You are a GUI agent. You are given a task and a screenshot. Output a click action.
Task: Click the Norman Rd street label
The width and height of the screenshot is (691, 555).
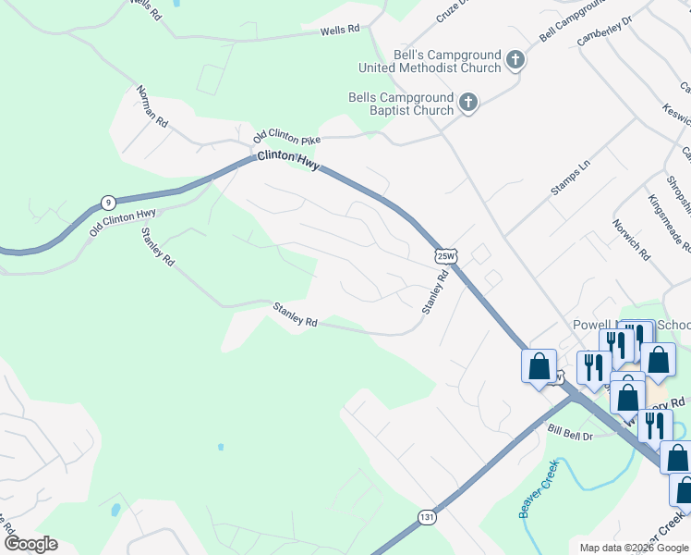coord(152,107)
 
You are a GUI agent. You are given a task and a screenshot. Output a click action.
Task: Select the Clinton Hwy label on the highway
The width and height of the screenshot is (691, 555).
coord(289,160)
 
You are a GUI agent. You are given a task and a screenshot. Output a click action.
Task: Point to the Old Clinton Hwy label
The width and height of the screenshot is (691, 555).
coord(122,223)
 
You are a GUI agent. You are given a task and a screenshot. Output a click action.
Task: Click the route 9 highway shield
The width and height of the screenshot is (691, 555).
coord(108,202)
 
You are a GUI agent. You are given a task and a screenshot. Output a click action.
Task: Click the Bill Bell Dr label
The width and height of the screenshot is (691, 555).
coord(570,431)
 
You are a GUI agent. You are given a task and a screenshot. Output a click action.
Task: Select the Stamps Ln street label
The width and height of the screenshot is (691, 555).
coord(570,177)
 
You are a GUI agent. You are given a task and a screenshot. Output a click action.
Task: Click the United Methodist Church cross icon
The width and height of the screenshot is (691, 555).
coord(515,62)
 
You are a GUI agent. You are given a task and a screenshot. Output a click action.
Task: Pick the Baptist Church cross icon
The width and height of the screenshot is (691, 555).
coord(468,103)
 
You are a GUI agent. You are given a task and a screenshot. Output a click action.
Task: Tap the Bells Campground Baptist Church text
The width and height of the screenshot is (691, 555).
coord(401,104)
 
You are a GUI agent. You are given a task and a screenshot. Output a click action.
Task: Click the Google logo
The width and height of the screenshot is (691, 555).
coord(30,544)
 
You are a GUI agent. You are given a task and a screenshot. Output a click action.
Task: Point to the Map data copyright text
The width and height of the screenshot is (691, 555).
coord(634,548)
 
